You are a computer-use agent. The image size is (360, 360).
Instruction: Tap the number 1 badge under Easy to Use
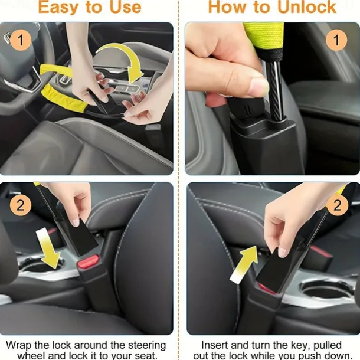click(21, 40)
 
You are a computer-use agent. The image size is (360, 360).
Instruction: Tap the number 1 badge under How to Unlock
click(336, 40)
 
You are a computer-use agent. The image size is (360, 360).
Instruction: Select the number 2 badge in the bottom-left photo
click(21, 205)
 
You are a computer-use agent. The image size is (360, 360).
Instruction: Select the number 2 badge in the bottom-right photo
click(337, 205)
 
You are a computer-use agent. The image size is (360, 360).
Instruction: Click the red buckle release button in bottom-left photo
click(89, 261)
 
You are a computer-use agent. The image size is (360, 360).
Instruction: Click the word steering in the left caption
click(147, 345)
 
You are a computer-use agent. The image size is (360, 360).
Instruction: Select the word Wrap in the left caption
click(19, 345)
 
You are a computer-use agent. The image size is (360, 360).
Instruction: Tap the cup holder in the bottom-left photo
click(39, 266)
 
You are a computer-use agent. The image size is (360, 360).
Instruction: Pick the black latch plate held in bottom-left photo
click(79, 237)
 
